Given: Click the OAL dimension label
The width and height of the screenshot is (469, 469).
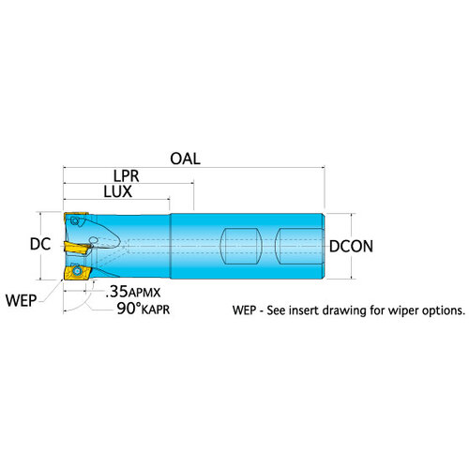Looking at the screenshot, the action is (185, 159).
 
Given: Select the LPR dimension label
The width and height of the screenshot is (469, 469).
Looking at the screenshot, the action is (126, 176).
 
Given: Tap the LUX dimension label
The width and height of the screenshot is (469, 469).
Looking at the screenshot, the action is (118, 191).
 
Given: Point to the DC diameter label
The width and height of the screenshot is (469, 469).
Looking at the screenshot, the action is (40, 244).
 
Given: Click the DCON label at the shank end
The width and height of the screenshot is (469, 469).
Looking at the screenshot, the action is (351, 247).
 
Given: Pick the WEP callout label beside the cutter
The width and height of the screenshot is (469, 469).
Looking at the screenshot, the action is (21, 301).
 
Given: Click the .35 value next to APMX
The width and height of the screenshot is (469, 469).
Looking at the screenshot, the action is (116, 292).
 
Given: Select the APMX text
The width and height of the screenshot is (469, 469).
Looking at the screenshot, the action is (144, 293).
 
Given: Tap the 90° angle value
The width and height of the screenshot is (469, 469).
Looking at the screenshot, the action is (129, 309).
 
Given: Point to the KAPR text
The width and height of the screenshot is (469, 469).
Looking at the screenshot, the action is (156, 310).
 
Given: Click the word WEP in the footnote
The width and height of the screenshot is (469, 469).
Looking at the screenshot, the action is (245, 310).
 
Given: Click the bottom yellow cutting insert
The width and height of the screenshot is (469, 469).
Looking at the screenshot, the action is (77, 273).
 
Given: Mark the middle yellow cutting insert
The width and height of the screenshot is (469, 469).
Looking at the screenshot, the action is (77, 248).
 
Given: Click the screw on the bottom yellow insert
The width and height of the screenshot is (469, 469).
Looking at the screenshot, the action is (76, 270).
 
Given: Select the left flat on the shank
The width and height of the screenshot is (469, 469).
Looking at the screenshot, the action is (241, 247).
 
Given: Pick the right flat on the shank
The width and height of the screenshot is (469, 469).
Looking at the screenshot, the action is (299, 247).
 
